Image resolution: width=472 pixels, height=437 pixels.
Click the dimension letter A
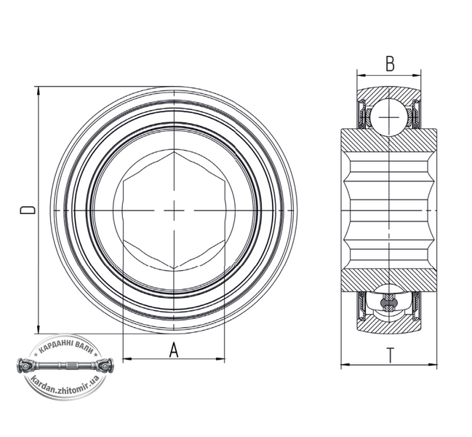[174, 350]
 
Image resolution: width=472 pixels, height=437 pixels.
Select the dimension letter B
[390, 63]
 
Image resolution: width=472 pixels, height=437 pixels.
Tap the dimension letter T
[391, 355]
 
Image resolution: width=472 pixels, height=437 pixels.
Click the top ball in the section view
[389, 117]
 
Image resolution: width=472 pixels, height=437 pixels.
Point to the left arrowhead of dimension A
[127, 358]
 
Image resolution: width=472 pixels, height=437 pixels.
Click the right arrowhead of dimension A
[220, 358]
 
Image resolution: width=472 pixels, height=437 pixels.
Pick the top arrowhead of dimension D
[38, 91]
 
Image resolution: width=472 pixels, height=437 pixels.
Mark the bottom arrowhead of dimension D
[38, 329]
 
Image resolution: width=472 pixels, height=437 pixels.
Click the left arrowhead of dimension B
[361, 74]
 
